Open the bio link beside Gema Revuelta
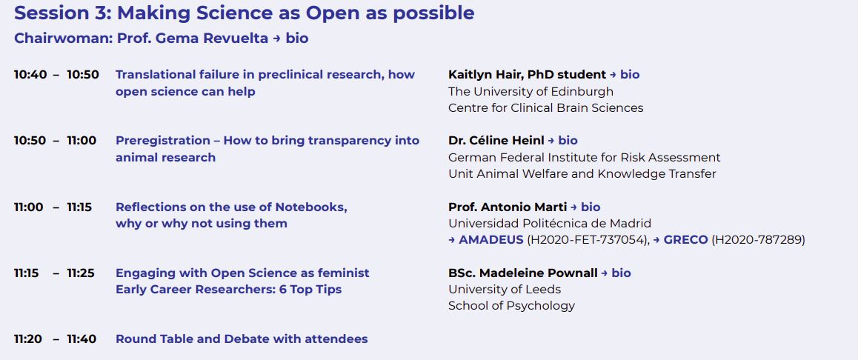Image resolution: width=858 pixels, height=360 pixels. coord(296,39)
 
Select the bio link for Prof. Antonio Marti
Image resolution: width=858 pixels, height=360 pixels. coord(591,207)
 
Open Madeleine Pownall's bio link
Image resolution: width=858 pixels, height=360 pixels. coord(621,273)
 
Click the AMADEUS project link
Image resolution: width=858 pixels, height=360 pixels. coord(491,240)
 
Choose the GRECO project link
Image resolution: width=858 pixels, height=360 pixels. coord(685,240)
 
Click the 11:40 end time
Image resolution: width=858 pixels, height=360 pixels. coord(82,339)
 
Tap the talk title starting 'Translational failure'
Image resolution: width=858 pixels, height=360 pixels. coord(265,75)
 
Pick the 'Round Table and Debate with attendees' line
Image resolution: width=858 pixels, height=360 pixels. coord(242,339)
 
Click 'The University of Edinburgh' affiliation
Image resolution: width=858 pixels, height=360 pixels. coord(531,92)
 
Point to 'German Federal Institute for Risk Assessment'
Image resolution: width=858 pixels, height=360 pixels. coord(584,158)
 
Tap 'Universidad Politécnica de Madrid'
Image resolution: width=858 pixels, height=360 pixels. coord(550,224)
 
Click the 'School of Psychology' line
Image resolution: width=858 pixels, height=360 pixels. coord(511,306)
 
